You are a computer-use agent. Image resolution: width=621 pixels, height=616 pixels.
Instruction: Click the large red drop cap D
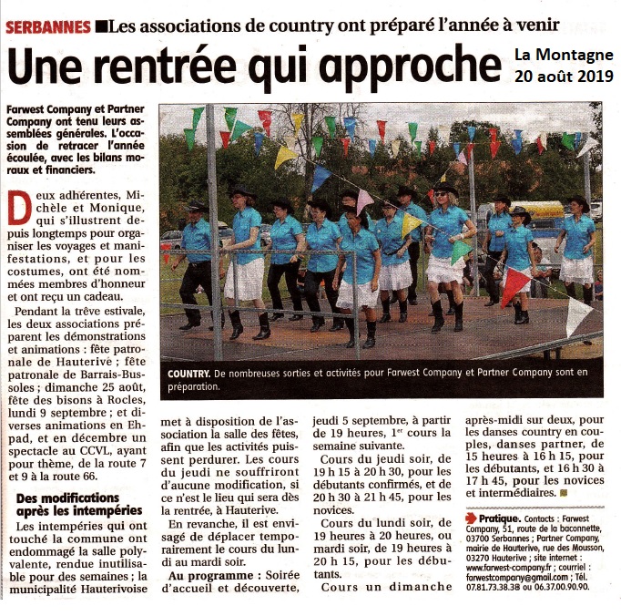point(17,211)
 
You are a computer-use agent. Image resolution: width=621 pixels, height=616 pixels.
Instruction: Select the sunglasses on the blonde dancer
point(446,193)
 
